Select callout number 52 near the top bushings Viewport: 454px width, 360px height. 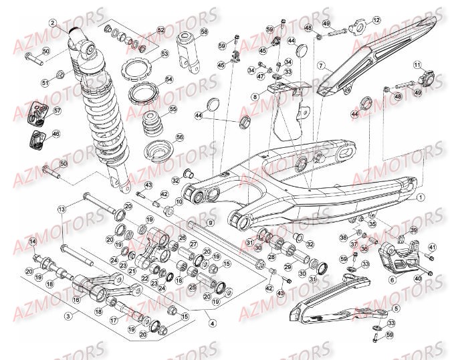click(x=160, y=31)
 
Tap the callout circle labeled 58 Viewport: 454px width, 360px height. click(x=205, y=31)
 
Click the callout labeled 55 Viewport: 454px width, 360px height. click(x=173, y=109)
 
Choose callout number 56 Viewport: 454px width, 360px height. click(x=179, y=137)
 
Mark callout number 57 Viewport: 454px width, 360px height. click(x=58, y=111)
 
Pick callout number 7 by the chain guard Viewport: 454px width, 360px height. click(x=320, y=66)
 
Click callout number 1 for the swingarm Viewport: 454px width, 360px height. click(x=421, y=198)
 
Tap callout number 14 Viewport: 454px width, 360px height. click(x=31, y=241)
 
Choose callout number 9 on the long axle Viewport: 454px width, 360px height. click(x=209, y=223)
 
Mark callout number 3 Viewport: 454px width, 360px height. click(x=68, y=314)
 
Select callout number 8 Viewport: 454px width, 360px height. click(x=255, y=97)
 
